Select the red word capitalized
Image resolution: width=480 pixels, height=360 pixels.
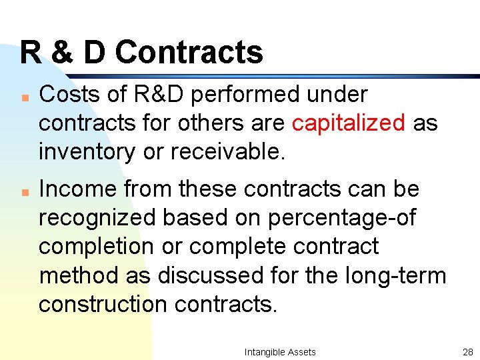pyautogui.click(x=349, y=123)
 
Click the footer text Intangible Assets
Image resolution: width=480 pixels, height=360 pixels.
pyautogui.click(x=280, y=351)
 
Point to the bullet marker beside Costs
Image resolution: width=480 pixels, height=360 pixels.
pyautogui.click(x=23, y=96)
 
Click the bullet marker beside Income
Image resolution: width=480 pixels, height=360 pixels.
pyautogui.click(x=23, y=191)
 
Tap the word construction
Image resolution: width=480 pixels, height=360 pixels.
pyautogui.click(x=103, y=303)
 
